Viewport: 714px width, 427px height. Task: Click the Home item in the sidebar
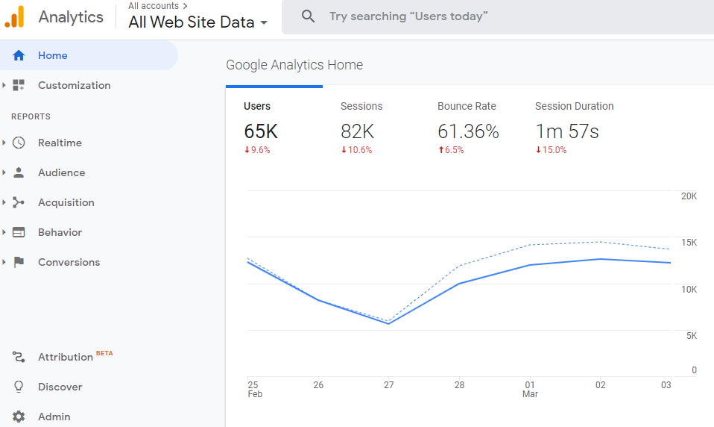point(52,55)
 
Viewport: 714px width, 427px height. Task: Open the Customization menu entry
point(74,85)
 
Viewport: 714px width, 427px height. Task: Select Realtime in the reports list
point(60,143)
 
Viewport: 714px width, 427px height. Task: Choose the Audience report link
point(61,172)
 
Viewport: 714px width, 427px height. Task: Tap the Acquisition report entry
point(66,202)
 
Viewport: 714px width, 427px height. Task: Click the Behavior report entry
point(60,232)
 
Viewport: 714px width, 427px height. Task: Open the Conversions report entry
point(69,262)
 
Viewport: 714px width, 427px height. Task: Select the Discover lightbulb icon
point(19,387)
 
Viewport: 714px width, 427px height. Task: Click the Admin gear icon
point(19,417)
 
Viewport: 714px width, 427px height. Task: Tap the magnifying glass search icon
point(308,16)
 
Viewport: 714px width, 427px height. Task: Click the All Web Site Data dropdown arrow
point(264,23)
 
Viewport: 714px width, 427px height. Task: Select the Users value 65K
point(261,131)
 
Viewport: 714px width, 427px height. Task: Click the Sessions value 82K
point(357,131)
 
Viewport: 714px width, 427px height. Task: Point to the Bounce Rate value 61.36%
point(468,131)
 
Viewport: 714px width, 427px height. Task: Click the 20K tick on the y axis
point(689,196)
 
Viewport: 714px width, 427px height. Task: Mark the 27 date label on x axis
point(388,385)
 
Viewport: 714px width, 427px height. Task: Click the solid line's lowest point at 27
point(388,323)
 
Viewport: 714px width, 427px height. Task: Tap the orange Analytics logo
point(15,16)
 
